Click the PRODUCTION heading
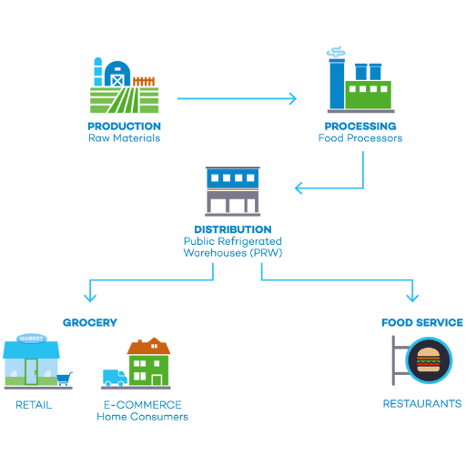click(124, 127)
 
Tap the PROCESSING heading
click(360, 127)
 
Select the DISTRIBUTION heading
click(233, 229)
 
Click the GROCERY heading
click(90, 322)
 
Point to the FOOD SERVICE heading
click(422, 322)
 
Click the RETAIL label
click(34, 405)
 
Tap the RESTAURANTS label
click(422, 404)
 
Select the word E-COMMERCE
click(143, 405)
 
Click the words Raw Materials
click(124, 138)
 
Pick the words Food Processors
click(360, 138)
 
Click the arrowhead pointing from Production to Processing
click(293, 98)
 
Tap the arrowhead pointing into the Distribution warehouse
click(299, 188)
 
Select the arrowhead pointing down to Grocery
click(90, 298)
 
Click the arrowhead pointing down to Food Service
click(412, 298)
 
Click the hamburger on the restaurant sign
click(429, 360)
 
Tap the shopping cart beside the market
click(65, 379)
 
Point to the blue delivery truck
click(115, 378)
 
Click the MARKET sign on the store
click(31, 339)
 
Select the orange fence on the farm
click(144, 82)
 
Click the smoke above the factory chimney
click(336, 52)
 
